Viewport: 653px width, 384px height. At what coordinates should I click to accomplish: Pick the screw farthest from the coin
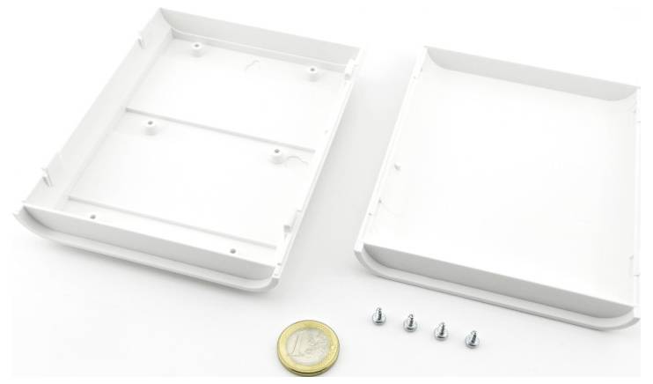click(x=473, y=336)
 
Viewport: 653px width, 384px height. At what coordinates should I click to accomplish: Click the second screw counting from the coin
click(x=409, y=323)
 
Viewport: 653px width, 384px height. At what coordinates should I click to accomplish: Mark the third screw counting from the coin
click(x=439, y=331)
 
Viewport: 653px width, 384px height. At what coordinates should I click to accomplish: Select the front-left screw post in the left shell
click(x=150, y=124)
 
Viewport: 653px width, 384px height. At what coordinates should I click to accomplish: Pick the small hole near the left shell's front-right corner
click(x=231, y=250)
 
